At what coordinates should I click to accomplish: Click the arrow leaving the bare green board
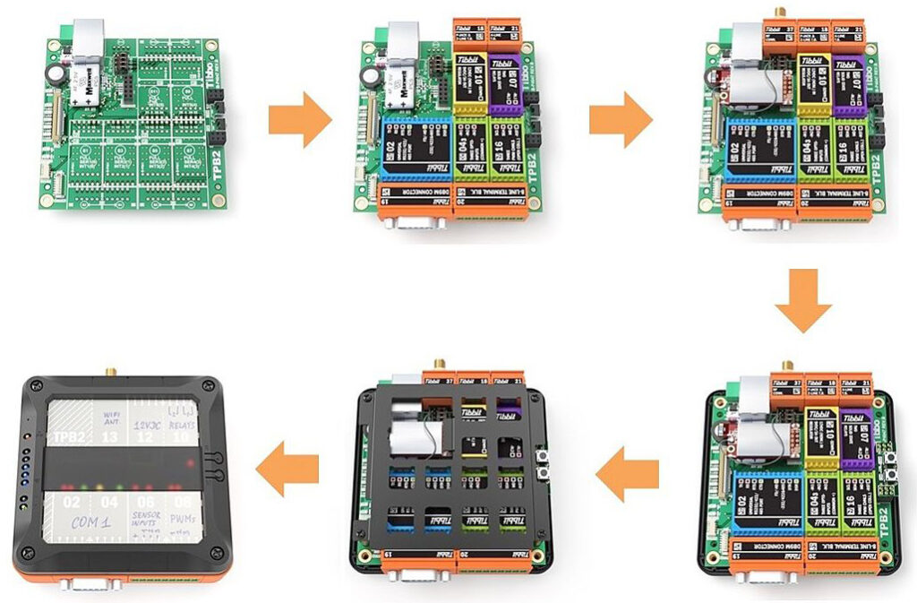300,123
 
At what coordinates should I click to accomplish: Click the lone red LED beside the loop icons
189,462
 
